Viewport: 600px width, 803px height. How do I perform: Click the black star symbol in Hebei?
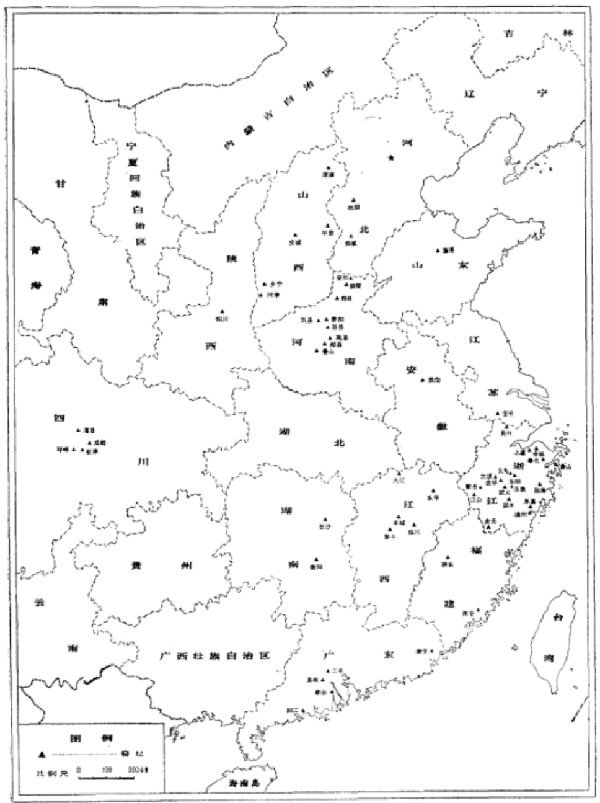pyautogui.click(x=391, y=158)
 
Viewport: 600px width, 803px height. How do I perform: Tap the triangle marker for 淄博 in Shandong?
pyautogui.click(x=438, y=250)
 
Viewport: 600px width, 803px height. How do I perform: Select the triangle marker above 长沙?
pyautogui.click(x=324, y=520)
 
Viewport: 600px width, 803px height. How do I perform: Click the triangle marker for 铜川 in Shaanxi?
pyautogui.click(x=221, y=312)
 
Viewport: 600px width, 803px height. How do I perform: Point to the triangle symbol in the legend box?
pyautogui.click(x=42, y=754)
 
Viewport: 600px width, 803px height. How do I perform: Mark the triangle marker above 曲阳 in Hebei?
pyautogui.click(x=352, y=200)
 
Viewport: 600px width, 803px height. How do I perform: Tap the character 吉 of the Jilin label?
pyautogui.click(x=509, y=33)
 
